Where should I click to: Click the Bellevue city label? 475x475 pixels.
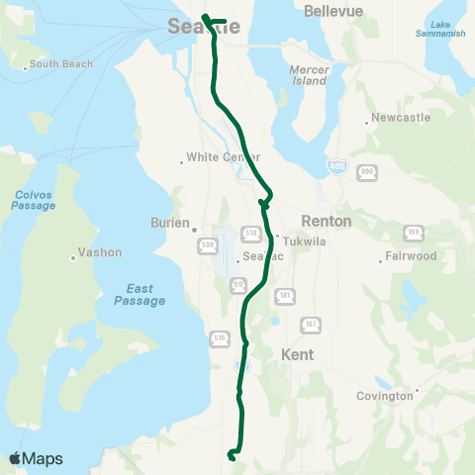click(334, 11)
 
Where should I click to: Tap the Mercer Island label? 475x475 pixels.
click(309, 76)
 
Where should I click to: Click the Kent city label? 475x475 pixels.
click(297, 353)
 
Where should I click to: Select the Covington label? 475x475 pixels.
click(386, 396)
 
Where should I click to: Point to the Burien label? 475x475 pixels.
click(169, 223)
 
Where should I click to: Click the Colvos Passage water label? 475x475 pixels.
click(34, 200)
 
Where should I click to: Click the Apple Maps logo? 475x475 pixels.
click(35, 458)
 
